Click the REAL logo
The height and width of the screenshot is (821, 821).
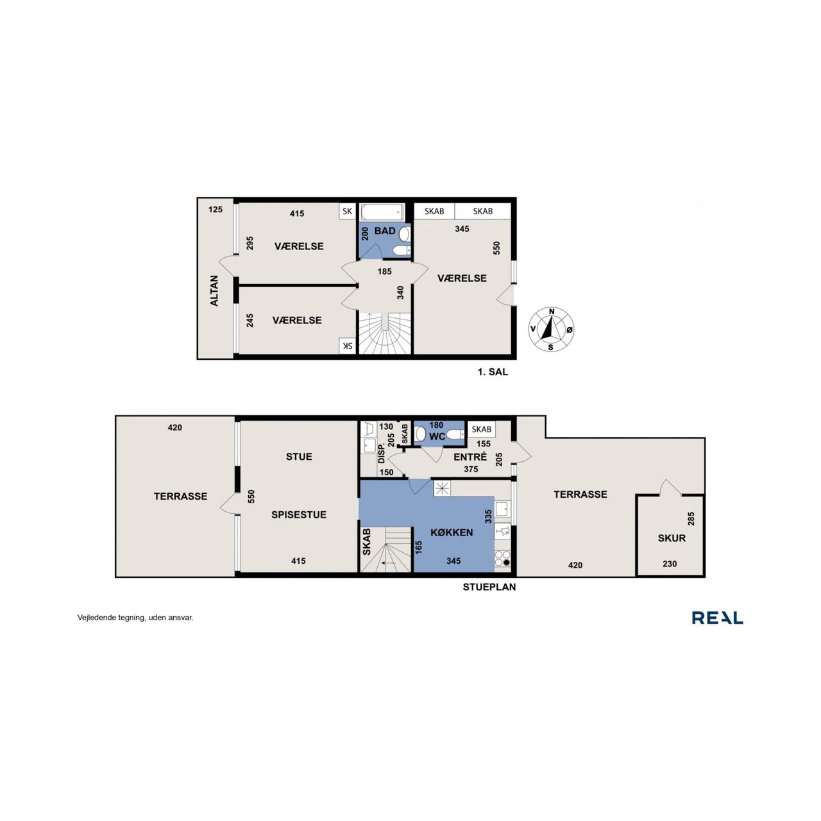click(717, 617)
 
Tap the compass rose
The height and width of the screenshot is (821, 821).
click(551, 329)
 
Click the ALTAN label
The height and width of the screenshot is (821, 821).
click(214, 291)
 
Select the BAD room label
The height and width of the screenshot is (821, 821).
click(385, 231)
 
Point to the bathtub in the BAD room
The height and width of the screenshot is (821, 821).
click(382, 211)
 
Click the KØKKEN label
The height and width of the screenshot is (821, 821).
click(452, 532)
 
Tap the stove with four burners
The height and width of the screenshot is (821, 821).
click(503, 557)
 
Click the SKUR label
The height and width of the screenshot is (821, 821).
click(672, 538)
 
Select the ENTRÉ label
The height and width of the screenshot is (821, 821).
click(470, 457)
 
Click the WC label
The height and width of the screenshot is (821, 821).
click(437, 437)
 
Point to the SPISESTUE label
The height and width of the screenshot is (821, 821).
click(299, 514)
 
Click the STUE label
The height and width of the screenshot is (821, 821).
click(299, 457)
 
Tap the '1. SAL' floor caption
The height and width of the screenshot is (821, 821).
click(493, 372)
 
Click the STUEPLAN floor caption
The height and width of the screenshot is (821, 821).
click(489, 587)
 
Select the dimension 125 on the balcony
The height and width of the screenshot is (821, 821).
click(215, 210)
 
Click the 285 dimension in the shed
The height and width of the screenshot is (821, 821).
click(691, 518)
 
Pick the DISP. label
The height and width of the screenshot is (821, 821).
click(381, 453)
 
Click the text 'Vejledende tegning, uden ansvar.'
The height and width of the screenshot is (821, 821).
click(135, 617)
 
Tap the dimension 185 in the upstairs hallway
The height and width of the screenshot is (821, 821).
click(384, 271)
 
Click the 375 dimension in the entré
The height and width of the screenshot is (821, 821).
click(470, 469)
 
